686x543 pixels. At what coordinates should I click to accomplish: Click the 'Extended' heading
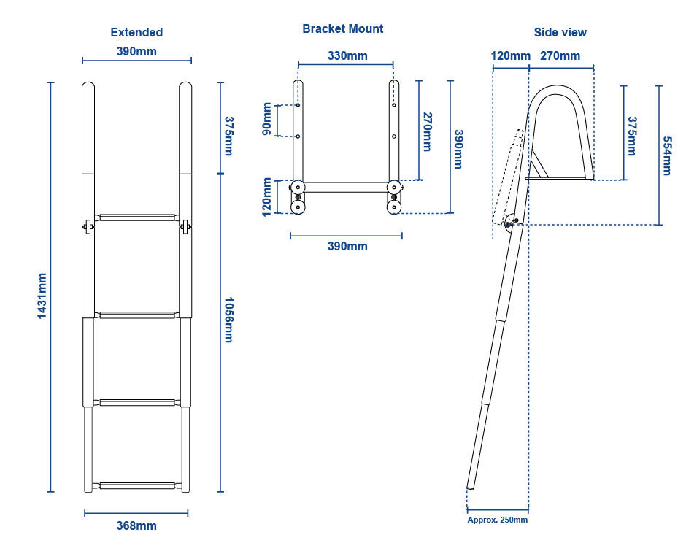pyautogui.click(x=136, y=32)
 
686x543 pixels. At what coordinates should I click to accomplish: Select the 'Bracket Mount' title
pyautogui.click(x=342, y=28)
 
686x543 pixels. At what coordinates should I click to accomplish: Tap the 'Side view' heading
pyautogui.click(x=560, y=32)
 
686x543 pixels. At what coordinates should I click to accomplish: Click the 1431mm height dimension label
pyautogui.click(x=42, y=294)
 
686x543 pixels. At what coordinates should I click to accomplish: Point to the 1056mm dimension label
pyautogui.click(x=228, y=320)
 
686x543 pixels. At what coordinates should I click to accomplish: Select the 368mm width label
pyautogui.click(x=136, y=525)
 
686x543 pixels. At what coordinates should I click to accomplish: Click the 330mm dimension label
pyautogui.click(x=347, y=55)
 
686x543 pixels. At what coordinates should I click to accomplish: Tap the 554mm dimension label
pyautogui.click(x=666, y=155)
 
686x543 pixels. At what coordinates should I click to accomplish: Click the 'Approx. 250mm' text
pyautogui.click(x=497, y=520)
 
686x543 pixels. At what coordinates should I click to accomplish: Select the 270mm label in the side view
pyautogui.click(x=560, y=55)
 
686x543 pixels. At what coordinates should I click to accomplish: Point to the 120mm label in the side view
pyautogui.click(x=510, y=55)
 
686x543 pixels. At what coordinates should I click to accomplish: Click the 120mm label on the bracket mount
pyautogui.click(x=267, y=196)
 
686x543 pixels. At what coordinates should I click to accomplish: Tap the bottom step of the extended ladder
pyautogui.click(x=137, y=485)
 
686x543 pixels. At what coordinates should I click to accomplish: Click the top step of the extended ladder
pyautogui.click(x=137, y=217)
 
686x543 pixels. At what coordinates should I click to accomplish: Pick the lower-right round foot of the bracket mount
pyautogui.click(x=394, y=207)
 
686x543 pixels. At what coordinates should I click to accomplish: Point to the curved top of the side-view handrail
pyautogui.click(x=558, y=90)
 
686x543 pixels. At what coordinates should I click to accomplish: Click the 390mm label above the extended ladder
pyautogui.click(x=136, y=51)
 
